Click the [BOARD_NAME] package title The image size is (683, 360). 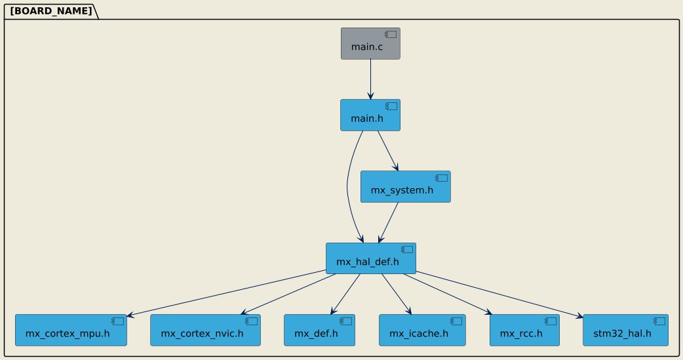coord(50,11)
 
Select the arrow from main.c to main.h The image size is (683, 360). coord(370,79)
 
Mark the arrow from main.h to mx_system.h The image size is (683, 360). coord(387,151)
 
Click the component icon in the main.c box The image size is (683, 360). coord(390,34)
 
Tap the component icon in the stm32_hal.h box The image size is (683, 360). coord(659,321)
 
